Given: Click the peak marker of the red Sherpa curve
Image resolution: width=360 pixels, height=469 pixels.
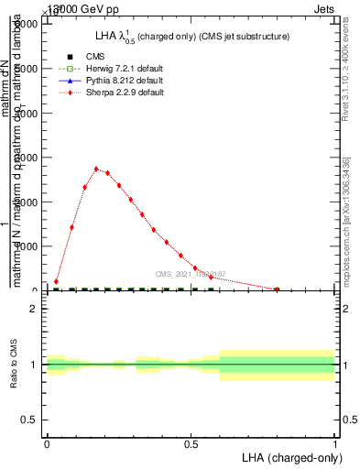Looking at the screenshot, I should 96,169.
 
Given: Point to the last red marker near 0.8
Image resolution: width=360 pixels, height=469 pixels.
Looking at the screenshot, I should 277,289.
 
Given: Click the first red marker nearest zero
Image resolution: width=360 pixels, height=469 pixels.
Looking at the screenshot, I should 56,282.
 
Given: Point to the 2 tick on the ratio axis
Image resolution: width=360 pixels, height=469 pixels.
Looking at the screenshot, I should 34,309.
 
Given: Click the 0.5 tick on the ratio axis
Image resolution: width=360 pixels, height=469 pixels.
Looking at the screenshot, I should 29,420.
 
